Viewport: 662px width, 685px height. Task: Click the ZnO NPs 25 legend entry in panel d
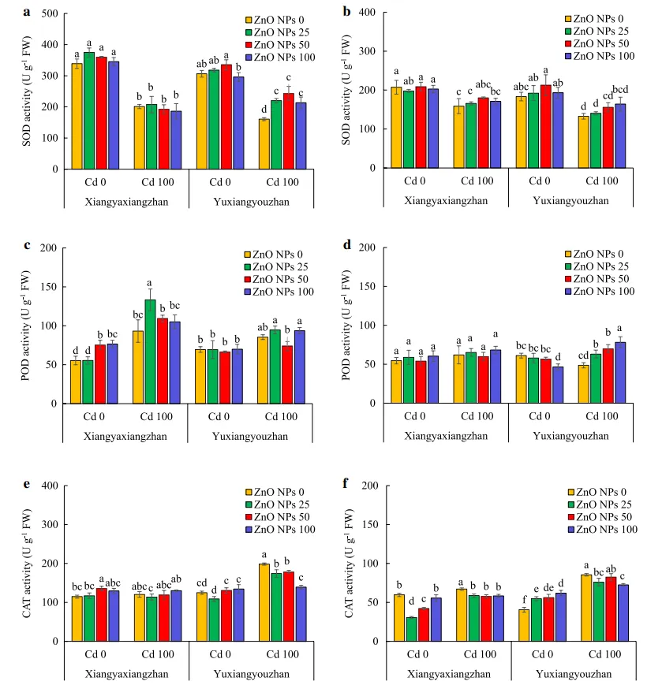coord(600,267)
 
